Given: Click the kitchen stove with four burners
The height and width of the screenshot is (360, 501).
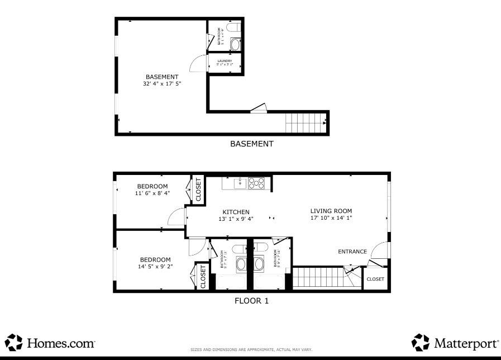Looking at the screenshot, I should tap(257, 182).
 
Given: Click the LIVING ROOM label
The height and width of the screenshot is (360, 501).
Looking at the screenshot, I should tap(331, 211).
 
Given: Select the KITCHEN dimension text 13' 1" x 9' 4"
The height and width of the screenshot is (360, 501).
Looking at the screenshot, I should tap(236, 219).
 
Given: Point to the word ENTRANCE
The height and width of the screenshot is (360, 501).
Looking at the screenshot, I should tap(352, 252).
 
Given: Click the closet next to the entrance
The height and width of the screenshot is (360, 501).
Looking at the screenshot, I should tap(375, 278).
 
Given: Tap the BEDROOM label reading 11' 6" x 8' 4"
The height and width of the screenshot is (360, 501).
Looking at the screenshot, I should tap(152, 193).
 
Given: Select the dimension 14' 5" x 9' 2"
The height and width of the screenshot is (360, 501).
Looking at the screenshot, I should tap(155, 267).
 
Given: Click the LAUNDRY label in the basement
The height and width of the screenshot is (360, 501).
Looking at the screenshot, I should tap(225, 61).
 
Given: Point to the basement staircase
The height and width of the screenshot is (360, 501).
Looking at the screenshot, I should tap(305, 121).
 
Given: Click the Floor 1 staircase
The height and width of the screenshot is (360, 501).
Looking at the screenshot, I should tap(316, 277).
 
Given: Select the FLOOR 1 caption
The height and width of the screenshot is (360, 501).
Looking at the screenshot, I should tap(251, 301).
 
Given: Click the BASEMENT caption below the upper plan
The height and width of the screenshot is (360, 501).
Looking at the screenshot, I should tap(252, 144).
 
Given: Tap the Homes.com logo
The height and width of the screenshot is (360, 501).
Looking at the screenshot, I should tap(50, 342).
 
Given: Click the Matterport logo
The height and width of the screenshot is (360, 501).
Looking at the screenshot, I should tap(455, 342).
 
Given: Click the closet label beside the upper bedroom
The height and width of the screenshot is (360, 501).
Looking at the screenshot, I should tap(198, 190).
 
